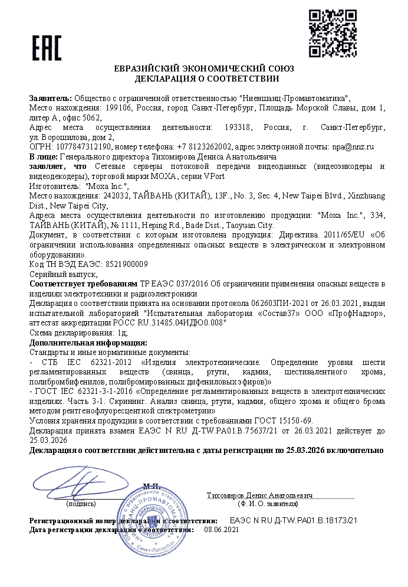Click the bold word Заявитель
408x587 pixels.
click(50, 97)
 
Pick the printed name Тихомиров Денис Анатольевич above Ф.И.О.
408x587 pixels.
click(259, 494)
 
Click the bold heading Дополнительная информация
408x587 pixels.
click(88, 343)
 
